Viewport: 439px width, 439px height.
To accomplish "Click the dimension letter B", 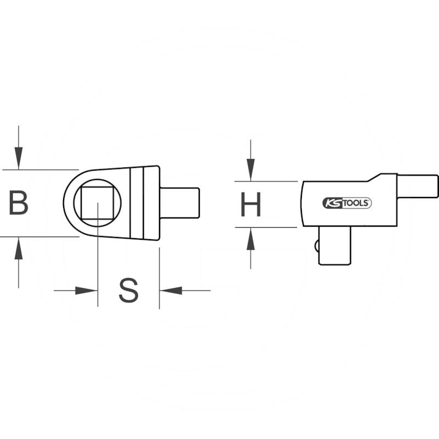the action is [19, 202].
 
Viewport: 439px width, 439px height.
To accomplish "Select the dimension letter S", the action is [128, 290].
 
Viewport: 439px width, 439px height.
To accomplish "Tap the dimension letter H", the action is [251, 204].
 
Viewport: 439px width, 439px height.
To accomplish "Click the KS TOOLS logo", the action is [347, 203].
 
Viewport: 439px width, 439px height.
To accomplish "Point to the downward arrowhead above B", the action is [19, 157].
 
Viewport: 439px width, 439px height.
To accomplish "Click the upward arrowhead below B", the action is [19, 249].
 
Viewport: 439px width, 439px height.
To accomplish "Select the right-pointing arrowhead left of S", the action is [86, 290].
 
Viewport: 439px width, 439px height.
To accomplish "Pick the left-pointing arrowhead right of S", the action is [171, 290].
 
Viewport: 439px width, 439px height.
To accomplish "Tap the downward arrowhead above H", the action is [251, 170].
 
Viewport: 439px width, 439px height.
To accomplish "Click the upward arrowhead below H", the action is [251, 239].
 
